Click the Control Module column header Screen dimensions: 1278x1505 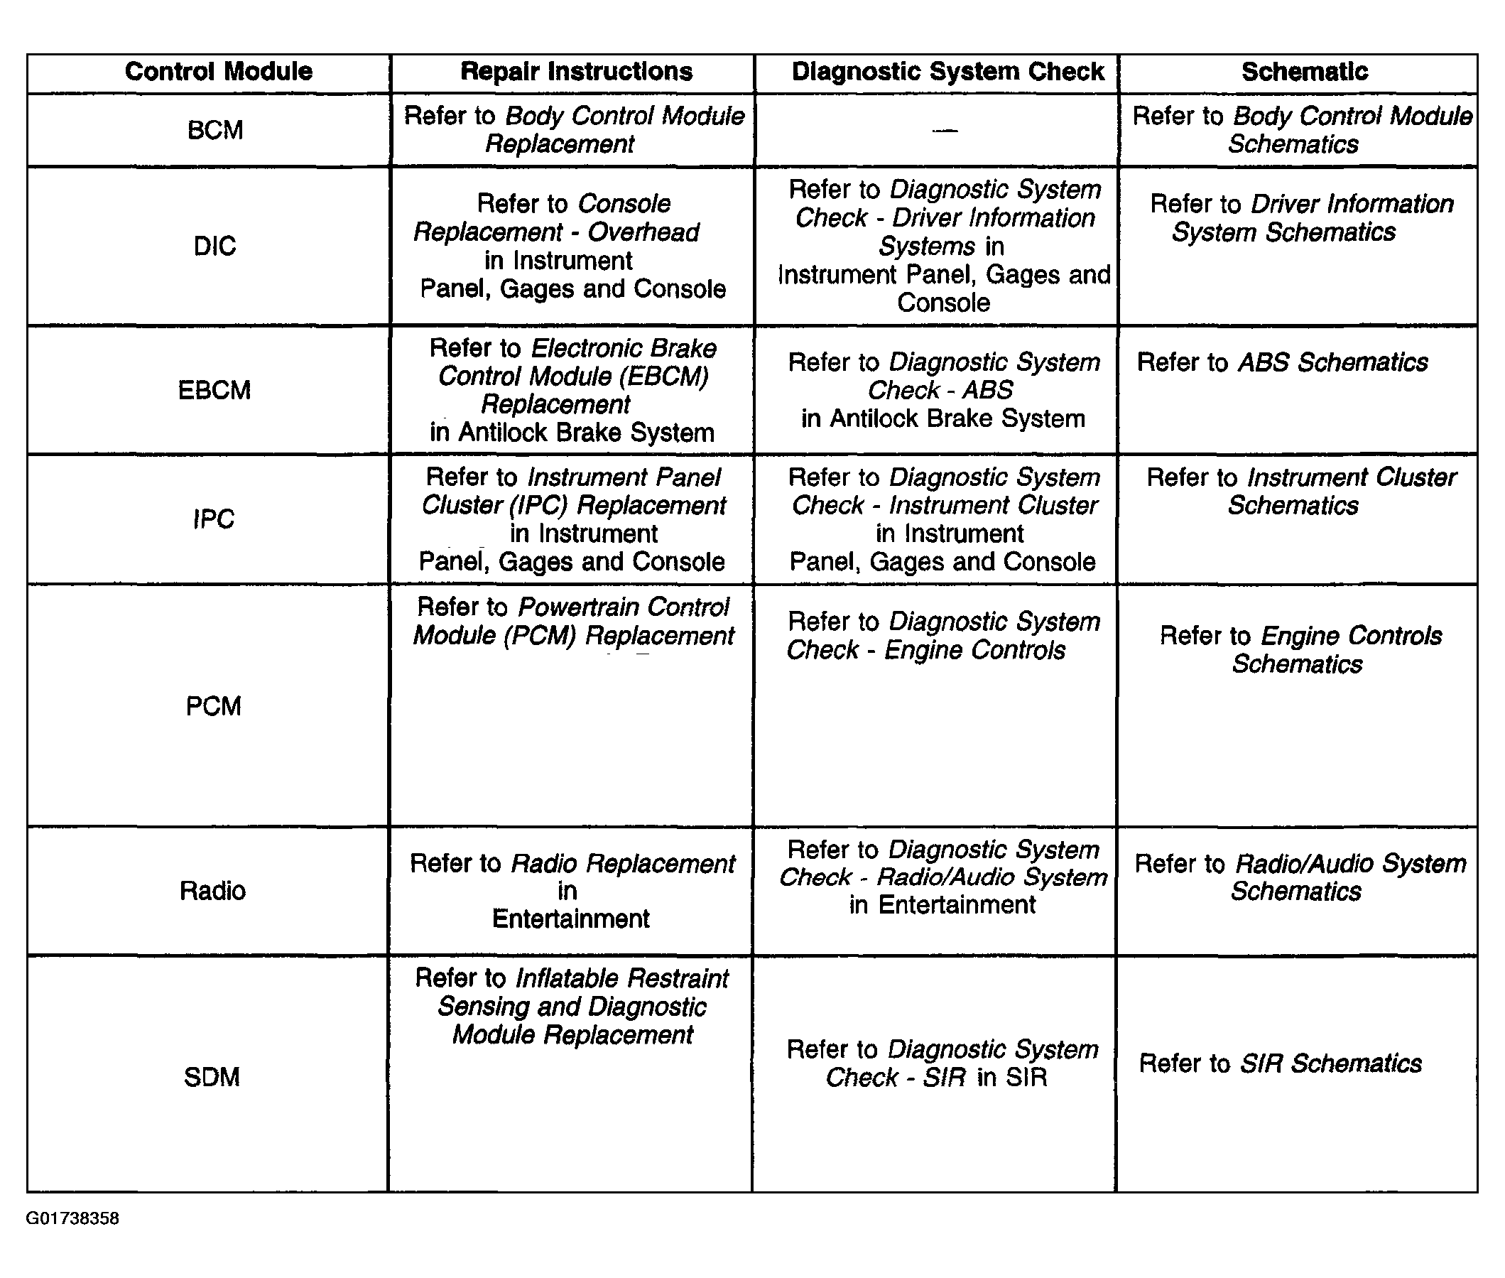tap(218, 72)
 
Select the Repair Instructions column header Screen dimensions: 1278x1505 tap(576, 72)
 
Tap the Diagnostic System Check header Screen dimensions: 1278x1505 tap(947, 72)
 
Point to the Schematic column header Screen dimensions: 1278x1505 tap(1305, 72)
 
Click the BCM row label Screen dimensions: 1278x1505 tap(214, 131)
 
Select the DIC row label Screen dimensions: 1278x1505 tap(214, 247)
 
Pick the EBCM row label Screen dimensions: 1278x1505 tap(214, 390)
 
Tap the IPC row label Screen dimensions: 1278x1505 tap(214, 519)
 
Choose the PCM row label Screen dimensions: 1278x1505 tap(213, 705)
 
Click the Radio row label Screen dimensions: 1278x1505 tap(212, 890)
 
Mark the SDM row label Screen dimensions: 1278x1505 tap(212, 1078)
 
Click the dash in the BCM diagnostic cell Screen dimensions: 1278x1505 tap(945, 131)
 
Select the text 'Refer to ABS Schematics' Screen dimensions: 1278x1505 tap(1282, 362)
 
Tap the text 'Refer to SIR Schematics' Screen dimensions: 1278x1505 tap(1280, 1063)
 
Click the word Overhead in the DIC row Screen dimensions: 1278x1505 tap(643, 232)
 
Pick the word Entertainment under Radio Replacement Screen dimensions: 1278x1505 tap(571, 919)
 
